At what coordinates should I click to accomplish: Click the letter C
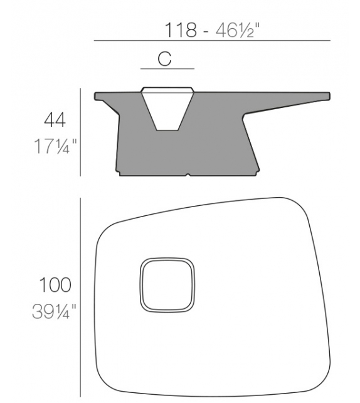pyautogui.click(x=164, y=59)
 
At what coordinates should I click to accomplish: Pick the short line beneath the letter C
pyautogui.click(x=167, y=68)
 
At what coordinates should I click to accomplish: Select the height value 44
pyautogui.click(x=55, y=119)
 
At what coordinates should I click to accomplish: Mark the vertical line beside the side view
pyautogui.click(x=81, y=132)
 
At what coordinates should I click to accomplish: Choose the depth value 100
pyautogui.click(x=55, y=285)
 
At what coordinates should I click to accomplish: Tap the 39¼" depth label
pyautogui.click(x=55, y=311)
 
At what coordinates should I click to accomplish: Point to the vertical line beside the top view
pyautogui.click(x=81, y=298)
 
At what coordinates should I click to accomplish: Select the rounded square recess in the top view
pyautogui.click(x=166, y=285)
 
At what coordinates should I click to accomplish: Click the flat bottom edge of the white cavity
pyautogui.click(x=166, y=130)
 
